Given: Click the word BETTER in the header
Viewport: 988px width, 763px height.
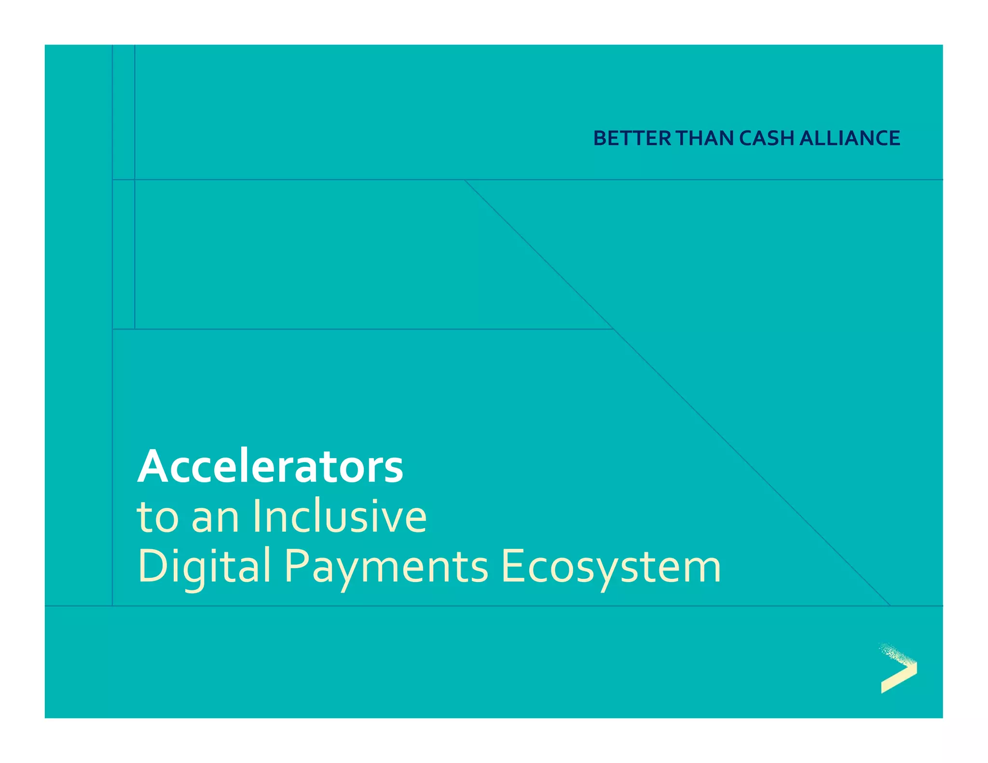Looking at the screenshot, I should pos(632,138).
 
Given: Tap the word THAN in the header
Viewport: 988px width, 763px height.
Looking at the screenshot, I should pos(705,138).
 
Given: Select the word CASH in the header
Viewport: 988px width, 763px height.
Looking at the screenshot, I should pos(767,138).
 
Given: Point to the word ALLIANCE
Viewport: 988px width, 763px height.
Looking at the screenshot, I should pos(850,138).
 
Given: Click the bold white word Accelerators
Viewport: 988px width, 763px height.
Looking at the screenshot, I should pos(270,467).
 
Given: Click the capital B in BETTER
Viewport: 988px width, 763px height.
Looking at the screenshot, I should pos(601,138).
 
